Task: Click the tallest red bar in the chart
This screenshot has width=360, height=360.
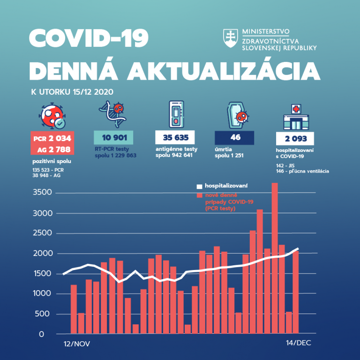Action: [x=275, y=258]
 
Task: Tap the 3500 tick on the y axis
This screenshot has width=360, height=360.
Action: [x=44, y=193]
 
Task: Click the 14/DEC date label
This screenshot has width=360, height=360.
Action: [x=298, y=344]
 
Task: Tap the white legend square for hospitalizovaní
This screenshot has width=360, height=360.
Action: [x=199, y=187]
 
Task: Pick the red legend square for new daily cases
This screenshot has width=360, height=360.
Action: [x=199, y=195]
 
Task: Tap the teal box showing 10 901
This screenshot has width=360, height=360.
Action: [x=113, y=138]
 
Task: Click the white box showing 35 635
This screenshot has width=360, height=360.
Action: [x=175, y=138]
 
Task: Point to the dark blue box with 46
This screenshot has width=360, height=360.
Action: [x=234, y=138]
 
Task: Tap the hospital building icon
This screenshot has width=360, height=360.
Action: [x=295, y=118]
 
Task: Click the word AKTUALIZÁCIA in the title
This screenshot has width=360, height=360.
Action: [x=224, y=71]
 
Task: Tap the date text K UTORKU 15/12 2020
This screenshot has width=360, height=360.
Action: [x=72, y=92]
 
